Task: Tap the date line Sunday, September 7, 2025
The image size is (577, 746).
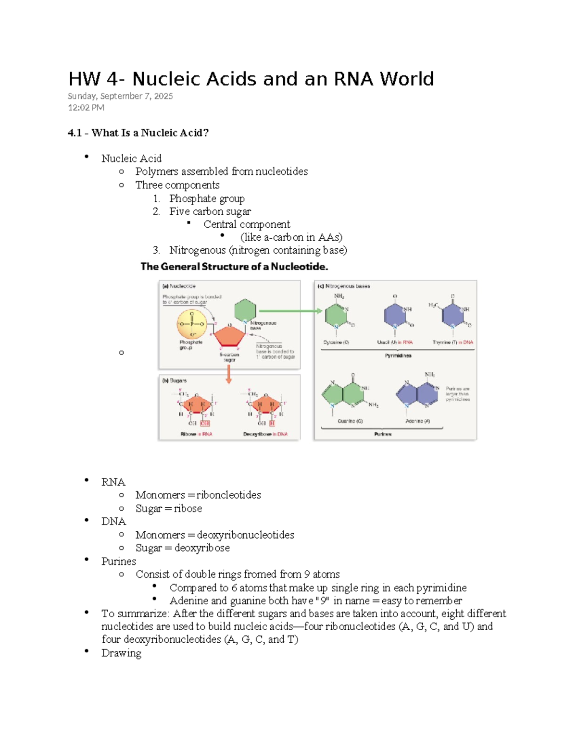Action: coord(120,96)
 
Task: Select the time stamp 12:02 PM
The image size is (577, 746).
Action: coord(86,108)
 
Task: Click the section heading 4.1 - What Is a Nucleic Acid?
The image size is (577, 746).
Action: coord(138,133)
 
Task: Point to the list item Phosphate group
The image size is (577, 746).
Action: coord(207,198)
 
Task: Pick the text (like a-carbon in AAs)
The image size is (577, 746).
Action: coord(291,237)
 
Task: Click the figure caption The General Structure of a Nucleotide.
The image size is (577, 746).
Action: coord(234,267)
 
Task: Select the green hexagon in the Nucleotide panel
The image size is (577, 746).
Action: coord(245,310)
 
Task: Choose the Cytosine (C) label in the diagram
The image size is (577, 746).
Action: coord(336,342)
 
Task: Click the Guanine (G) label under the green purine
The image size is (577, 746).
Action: coord(350,421)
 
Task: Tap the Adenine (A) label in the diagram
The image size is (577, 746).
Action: coord(417,421)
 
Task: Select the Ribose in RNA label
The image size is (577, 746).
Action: coord(196,434)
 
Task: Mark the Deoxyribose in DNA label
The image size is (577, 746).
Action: coord(265,434)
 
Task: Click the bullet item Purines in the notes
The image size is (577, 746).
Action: coord(119,562)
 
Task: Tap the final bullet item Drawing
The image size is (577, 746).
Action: coord(121,653)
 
